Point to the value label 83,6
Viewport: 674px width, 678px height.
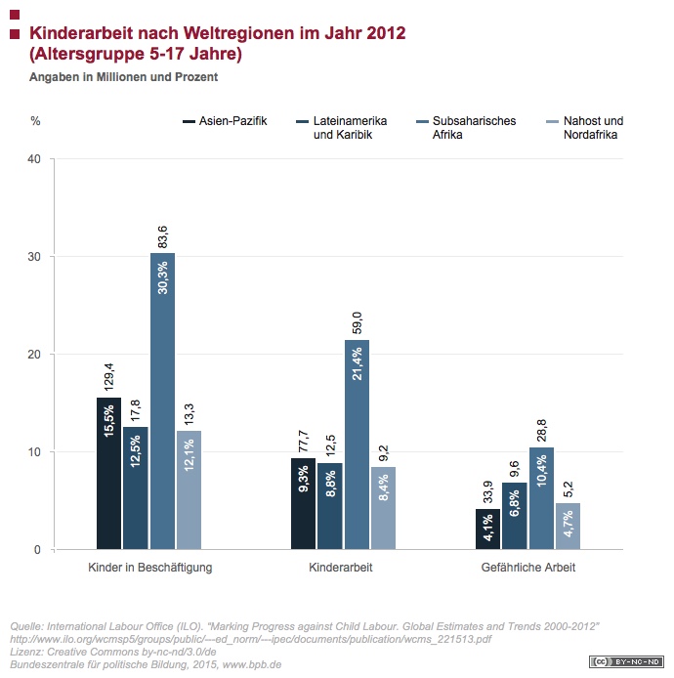pos(162,235)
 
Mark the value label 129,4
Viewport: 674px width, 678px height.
pos(109,375)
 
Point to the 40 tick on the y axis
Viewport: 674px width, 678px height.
pos(34,158)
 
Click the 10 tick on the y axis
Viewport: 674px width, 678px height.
pos(34,452)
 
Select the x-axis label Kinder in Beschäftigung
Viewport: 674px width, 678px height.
pos(136,567)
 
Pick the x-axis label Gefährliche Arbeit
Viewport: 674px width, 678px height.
pos(527,567)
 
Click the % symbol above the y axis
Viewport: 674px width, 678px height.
pos(35,121)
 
